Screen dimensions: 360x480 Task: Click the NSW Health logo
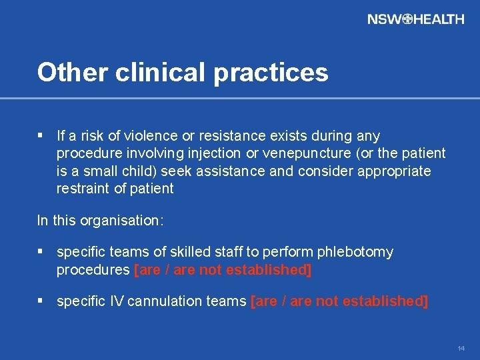pyautogui.click(x=415, y=19)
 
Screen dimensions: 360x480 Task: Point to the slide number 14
pyautogui.click(x=461, y=349)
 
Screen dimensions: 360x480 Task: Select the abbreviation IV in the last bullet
pyautogui.click(x=117, y=301)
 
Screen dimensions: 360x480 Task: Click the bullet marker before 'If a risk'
pyautogui.click(x=41, y=136)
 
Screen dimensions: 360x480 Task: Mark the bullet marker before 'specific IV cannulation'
pyautogui.click(x=41, y=301)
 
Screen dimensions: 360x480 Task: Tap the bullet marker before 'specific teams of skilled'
pyautogui.click(x=41, y=252)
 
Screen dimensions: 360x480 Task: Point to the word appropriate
pyautogui.click(x=394, y=171)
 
